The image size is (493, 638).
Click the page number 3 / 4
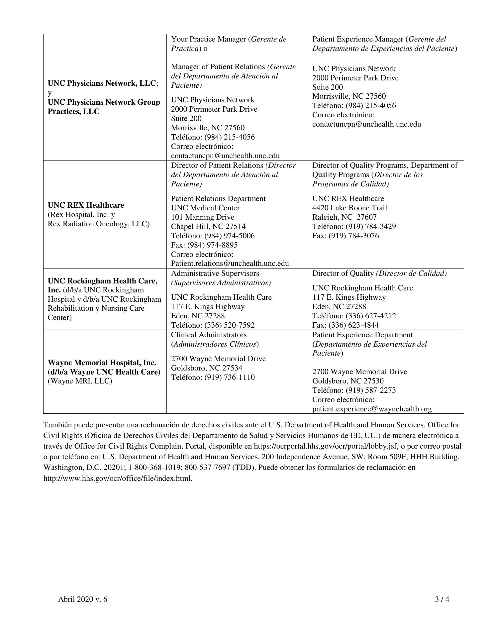point(442,599)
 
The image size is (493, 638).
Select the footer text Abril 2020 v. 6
point(83,599)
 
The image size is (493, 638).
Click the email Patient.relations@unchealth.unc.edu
point(230,264)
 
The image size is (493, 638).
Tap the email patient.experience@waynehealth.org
point(372,409)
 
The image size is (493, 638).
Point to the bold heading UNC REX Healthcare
point(86,205)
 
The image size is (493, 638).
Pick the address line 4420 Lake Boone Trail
point(349,208)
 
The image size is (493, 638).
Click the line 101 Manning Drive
point(203,217)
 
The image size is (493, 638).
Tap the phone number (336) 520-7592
point(230,325)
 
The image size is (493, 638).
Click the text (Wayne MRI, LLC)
point(80,381)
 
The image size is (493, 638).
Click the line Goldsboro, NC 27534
point(207,368)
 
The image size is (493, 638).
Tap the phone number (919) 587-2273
point(371,390)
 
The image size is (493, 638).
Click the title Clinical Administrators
point(209,335)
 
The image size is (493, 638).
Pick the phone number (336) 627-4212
point(371,316)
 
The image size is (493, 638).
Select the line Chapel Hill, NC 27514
point(208,227)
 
